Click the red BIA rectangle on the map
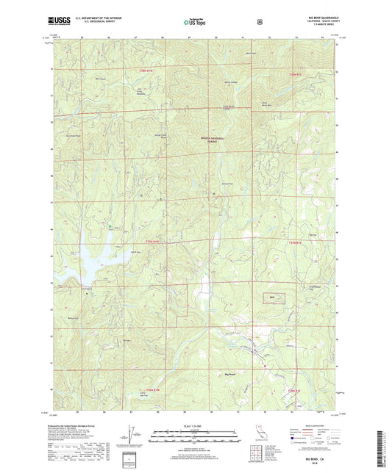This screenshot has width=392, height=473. coord(272,297)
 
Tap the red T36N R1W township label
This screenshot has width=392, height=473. coord(145,390)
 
